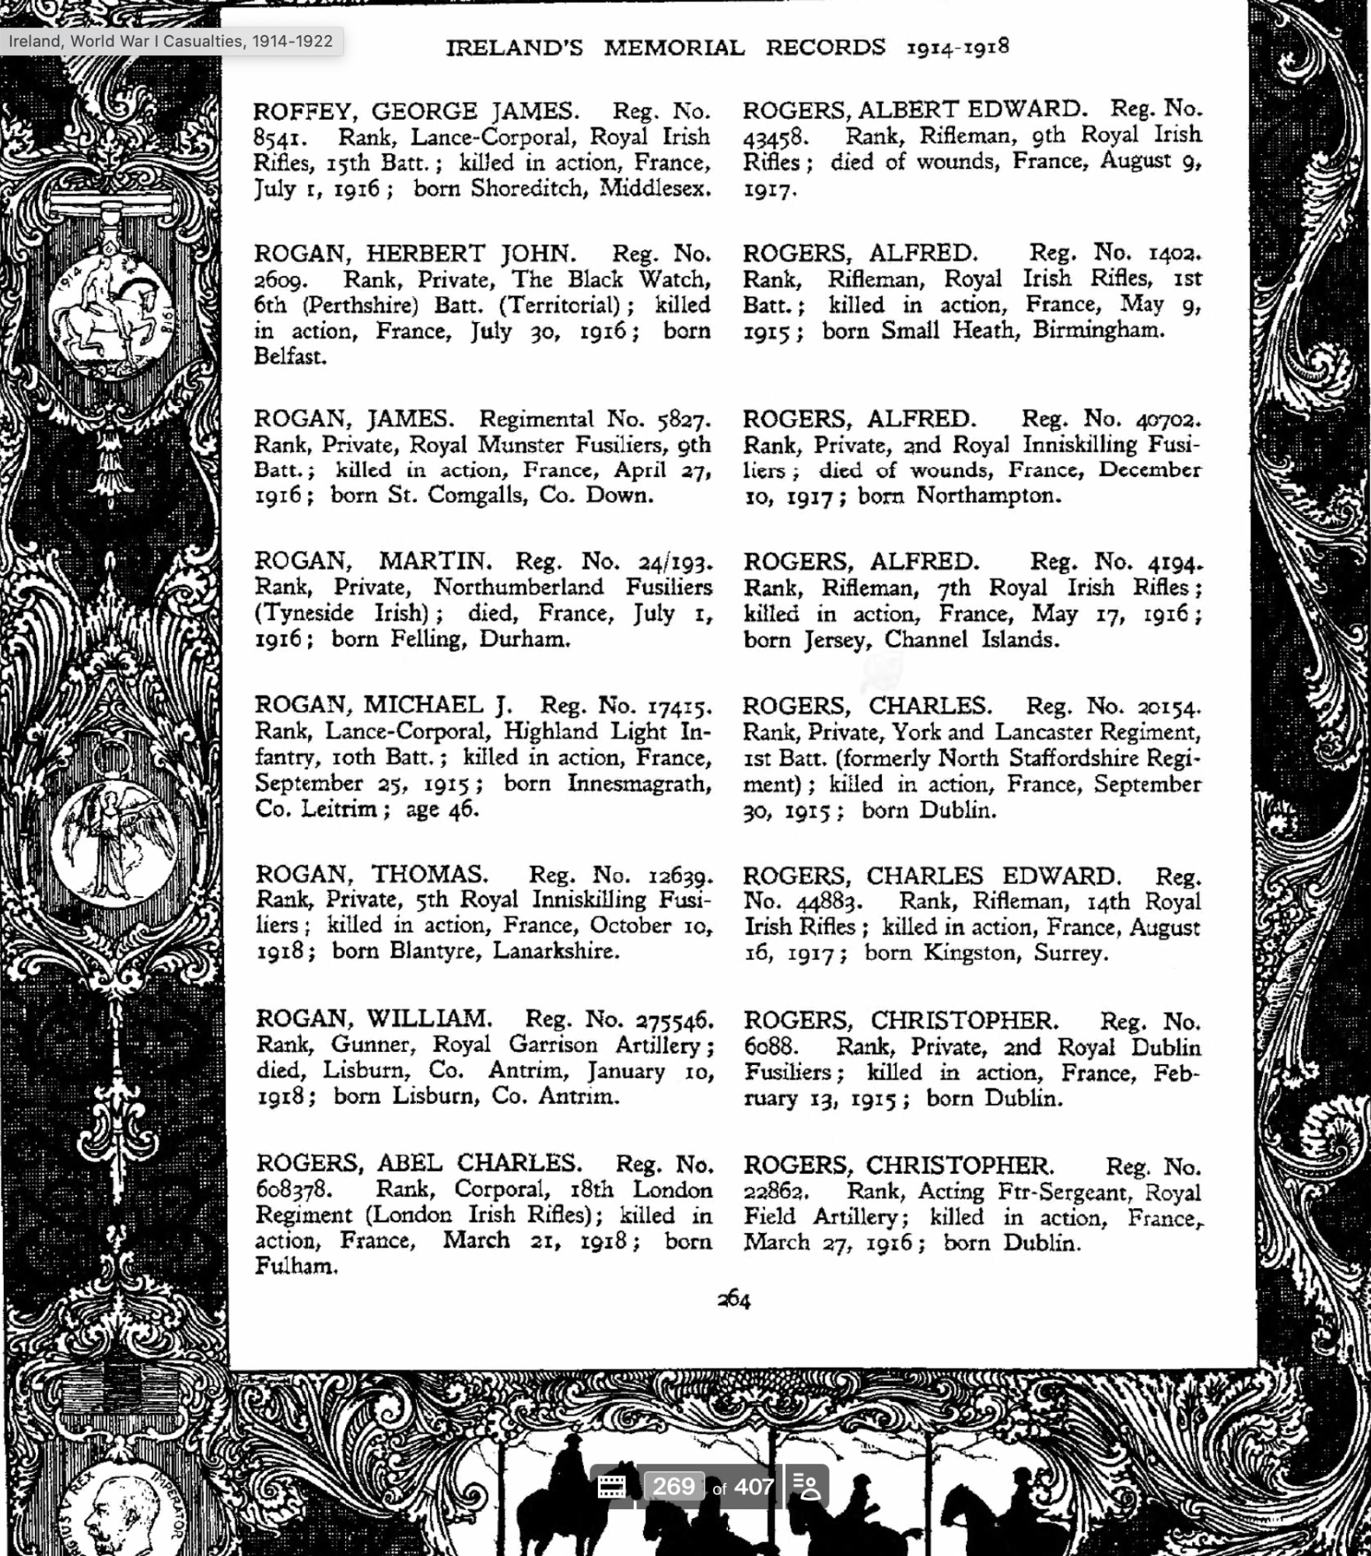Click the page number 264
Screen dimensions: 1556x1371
point(733,1300)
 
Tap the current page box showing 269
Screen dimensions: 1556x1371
point(673,1487)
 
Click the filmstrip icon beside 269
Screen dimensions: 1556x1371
point(611,1487)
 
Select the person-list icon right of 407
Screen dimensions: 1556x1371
point(806,1487)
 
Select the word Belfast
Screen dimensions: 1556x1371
point(289,356)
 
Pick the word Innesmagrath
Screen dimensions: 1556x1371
point(638,783)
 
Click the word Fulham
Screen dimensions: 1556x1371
point(296,1267)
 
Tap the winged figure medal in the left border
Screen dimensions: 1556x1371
point(114,844)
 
